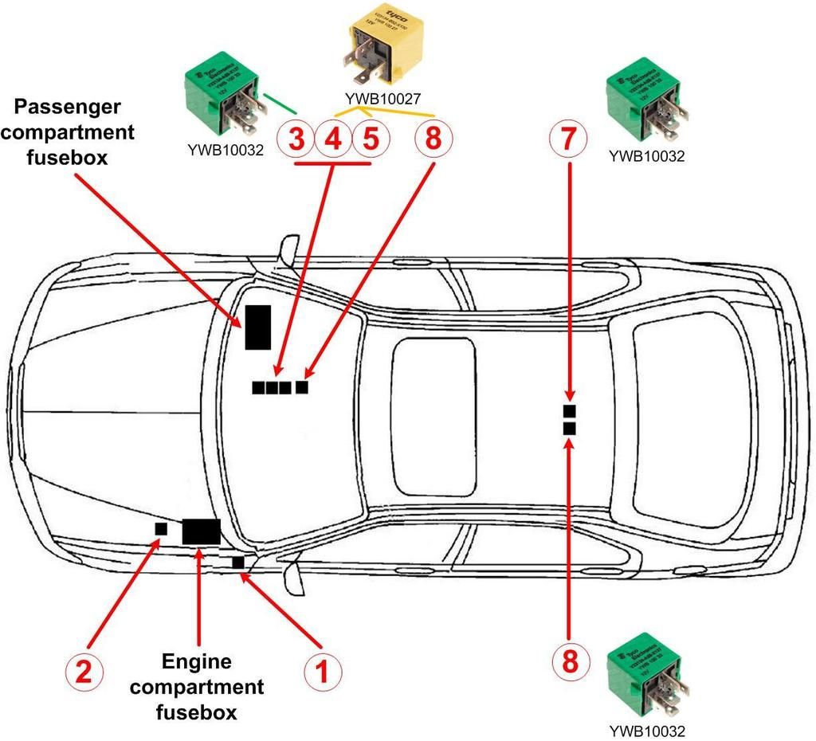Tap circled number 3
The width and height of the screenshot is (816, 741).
(296, 140)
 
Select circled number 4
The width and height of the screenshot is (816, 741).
(333, 140)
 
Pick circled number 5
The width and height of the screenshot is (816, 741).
(370, 140)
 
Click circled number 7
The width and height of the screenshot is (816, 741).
(568, 140)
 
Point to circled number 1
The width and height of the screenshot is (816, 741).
(323, 672)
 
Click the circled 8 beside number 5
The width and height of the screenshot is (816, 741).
(433, 140)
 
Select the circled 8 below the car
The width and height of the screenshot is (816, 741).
(568, 660)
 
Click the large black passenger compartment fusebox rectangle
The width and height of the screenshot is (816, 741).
(257, 326)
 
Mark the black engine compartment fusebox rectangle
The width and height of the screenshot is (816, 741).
(201, 531)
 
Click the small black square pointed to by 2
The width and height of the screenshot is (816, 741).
(161, 528)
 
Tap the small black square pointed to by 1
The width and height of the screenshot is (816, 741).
(237, 563)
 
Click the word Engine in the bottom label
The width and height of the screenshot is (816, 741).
(196, 661)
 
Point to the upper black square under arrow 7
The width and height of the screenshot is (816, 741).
(569, 410)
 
